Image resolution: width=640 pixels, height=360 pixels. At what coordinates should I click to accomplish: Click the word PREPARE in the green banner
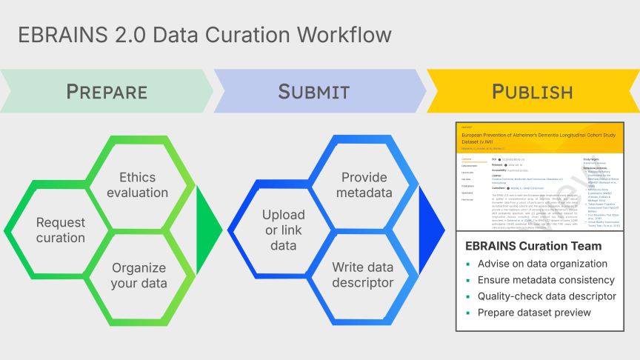point(107,91)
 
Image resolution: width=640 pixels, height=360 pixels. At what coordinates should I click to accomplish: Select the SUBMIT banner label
point(313,91)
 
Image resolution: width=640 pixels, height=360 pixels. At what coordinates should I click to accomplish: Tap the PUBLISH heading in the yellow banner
point(532,91)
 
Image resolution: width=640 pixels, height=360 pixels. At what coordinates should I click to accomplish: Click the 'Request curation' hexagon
point(61,230)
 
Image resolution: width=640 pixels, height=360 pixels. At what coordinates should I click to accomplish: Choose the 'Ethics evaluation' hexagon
point(138,184)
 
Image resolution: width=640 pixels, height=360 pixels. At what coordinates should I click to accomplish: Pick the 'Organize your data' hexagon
point(139,275)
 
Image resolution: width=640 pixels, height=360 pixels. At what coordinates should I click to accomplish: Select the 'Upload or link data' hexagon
point(282,230)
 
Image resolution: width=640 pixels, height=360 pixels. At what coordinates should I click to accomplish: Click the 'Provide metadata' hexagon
point(364,184)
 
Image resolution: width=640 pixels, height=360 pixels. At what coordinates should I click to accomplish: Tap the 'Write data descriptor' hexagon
point(364,275)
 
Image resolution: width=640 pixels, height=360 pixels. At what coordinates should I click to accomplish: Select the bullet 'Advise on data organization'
point(542,264)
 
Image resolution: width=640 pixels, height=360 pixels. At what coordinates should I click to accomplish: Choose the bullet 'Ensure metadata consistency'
point(546,280)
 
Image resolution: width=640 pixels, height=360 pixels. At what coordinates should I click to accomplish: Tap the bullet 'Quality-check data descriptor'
point(547,296)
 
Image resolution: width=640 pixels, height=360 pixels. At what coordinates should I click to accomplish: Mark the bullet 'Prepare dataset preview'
point(532,313)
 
